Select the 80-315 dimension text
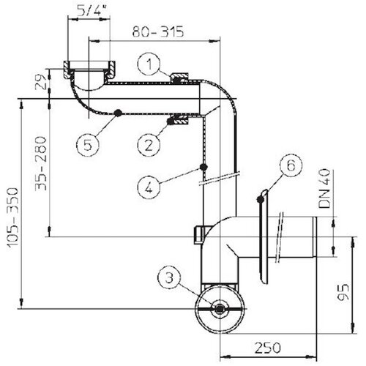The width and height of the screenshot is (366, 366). click(x=158, y=31)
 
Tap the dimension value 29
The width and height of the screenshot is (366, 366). click(x=42, y=81)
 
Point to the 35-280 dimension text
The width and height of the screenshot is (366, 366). click(x=41, y=164)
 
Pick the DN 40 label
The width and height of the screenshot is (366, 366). click(x=325, y=188)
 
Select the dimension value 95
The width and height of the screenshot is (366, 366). click(x=343, y=292)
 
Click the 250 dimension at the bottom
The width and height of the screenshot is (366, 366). click(x=268, y=348)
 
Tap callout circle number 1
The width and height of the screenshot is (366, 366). click(x=149, y=64)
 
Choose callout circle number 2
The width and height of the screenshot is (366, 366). click(x=149, y=145)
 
